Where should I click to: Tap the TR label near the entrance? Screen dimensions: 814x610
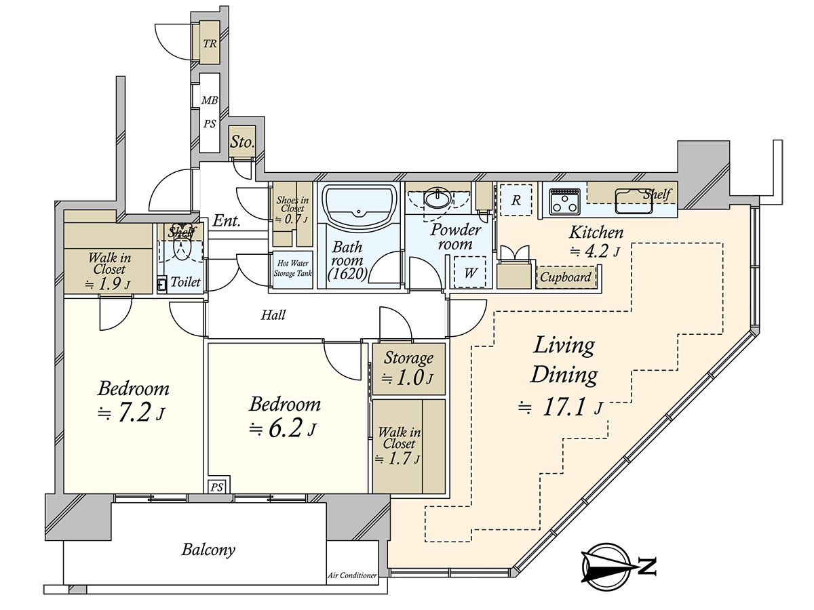210,43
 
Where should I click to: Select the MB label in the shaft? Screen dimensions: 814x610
210,100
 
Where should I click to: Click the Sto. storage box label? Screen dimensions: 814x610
242,142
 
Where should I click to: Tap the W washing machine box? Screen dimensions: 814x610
470,272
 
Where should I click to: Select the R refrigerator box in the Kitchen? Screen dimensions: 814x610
516,200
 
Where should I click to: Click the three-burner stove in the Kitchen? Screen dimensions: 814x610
565,201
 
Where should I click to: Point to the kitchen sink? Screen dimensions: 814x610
634,201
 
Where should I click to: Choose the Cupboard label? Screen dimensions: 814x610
566,277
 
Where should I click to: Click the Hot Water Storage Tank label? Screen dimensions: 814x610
292,268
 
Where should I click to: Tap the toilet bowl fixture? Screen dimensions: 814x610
182,246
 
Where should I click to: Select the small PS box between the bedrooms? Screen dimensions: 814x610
217,487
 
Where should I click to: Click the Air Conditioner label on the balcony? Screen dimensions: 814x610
352,575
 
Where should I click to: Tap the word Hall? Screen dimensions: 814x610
273,315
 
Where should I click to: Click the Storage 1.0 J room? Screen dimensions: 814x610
408,369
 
